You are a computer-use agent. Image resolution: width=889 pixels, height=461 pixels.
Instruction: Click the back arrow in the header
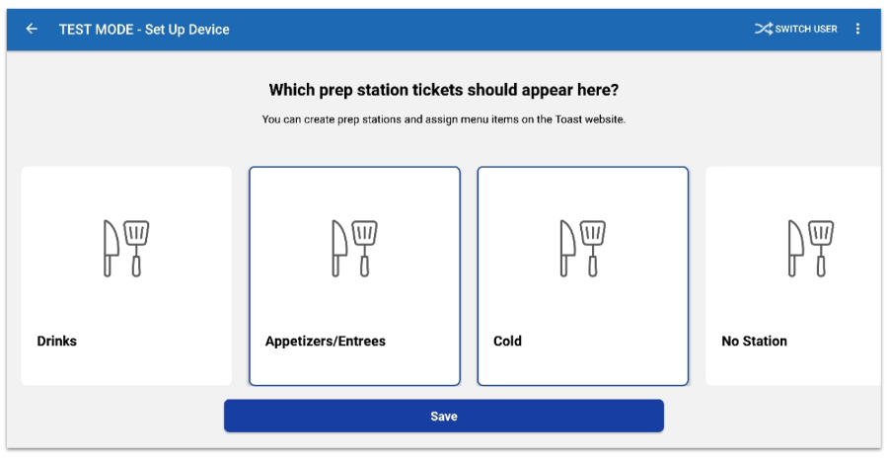pyautogui.click(x=32, y=29)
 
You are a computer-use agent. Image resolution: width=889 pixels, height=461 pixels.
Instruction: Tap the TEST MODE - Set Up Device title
pyautogui.click(x=144, y=30)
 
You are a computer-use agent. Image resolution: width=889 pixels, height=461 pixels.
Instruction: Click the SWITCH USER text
pyautogui.click(x=806, y=29)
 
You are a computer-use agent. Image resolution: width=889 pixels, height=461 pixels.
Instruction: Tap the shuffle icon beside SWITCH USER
pyautogui.click(x=763, y=29)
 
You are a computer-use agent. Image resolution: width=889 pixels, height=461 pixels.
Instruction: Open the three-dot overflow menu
pyautogui.click(x=857, y=29)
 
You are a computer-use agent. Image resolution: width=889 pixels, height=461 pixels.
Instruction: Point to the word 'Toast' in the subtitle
pyautogui.click(x=568, y=119)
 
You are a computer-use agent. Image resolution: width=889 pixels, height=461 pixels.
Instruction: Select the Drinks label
pyautogui.click(x=56, y=341)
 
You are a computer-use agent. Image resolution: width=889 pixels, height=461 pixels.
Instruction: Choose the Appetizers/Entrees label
pyautogui.click(x=326, y=341)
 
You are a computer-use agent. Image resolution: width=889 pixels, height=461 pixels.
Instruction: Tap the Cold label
pyautogui.click(x=507, y=341)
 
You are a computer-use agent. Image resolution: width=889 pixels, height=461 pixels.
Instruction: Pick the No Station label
pyautogui.click(x=754, y=341)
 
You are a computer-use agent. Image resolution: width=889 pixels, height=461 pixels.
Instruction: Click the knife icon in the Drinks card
pyautogui.click(x=111, y=249)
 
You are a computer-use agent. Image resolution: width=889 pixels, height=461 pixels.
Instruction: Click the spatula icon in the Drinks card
pyautogui.click(x=136, y=249)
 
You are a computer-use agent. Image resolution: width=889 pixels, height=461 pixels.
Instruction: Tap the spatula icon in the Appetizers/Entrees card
pyautogui.click(x=364, y=249)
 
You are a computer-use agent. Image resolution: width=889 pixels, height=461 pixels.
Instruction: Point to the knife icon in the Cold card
pyautogui.click(x=567, y=249)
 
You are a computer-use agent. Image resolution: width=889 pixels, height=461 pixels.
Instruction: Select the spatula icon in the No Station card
pyautogui.click(x=821, y=249)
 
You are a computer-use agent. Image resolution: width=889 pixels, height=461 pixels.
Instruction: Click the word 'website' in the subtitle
pyautogui.click(x=606, y=119)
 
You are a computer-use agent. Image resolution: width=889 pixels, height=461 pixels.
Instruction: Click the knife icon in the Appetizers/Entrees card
pyautogui.click(x=339, y=249)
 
